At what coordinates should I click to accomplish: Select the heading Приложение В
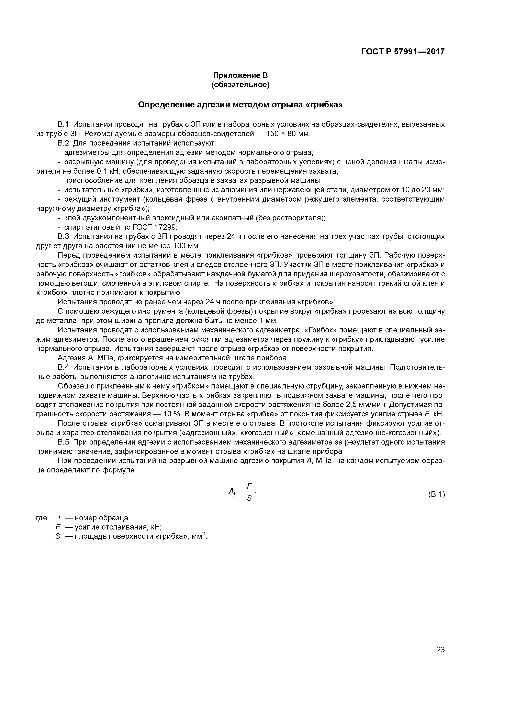[240, 75]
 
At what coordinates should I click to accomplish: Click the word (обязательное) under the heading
[240, 85]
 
